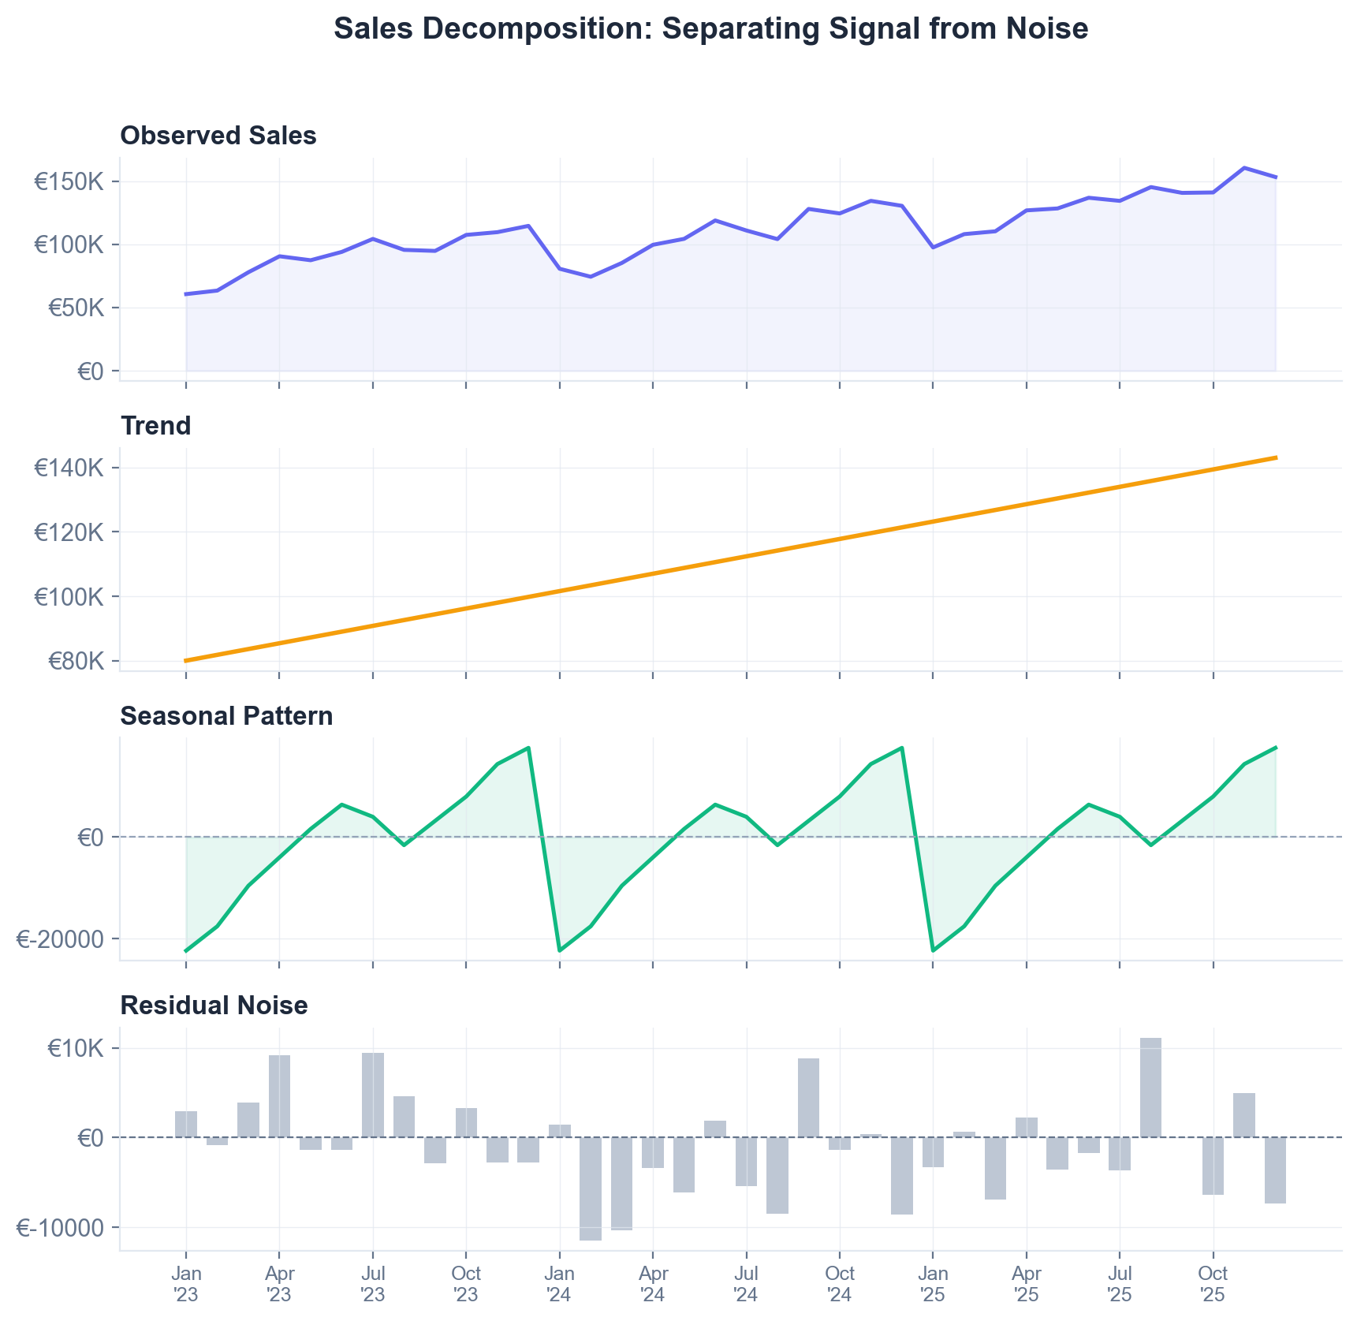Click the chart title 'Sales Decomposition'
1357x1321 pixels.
710,29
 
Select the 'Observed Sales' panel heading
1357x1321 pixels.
218,136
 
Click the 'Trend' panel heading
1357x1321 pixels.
155,426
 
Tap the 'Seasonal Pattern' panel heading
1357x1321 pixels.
226,716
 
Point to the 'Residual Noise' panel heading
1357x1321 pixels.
214,1006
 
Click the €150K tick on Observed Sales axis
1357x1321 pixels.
69,182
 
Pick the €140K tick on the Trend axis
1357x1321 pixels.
69,468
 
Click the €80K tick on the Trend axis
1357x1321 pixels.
76,661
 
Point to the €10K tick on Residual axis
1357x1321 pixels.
76,1048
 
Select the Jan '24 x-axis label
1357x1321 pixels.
560,1284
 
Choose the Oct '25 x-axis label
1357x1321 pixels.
1213,1284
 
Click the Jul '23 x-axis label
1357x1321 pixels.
373,1284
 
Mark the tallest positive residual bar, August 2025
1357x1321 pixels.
1150,1088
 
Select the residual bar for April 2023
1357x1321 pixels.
279,1096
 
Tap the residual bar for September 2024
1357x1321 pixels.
808,1098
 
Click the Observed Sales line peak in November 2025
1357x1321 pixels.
1244,168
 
